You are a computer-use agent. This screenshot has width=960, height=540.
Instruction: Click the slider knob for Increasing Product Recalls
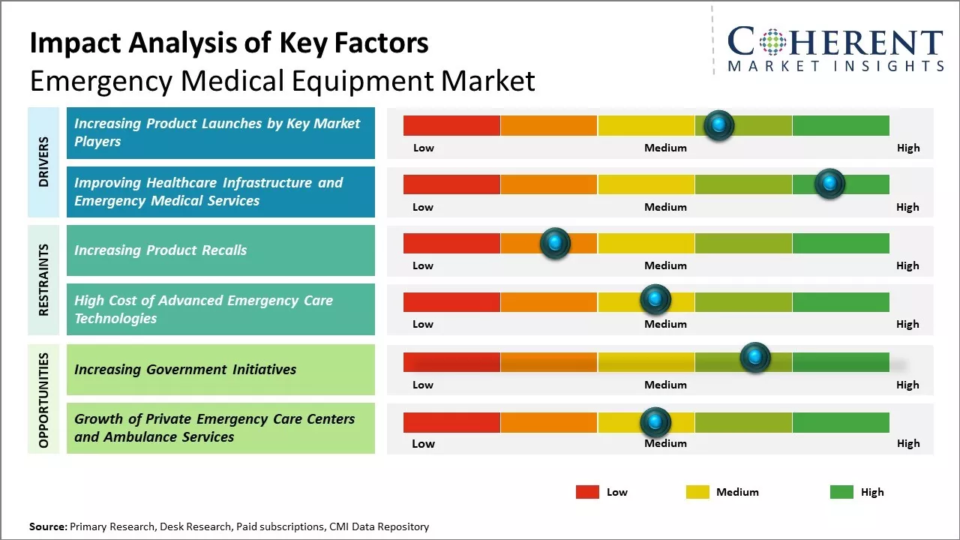[555, 243]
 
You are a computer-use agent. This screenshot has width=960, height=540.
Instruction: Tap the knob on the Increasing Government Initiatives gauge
[755, 358]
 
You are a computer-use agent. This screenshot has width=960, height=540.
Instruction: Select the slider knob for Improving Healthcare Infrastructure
[829, 184]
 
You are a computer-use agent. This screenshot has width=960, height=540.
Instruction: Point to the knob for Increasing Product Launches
[719, 125]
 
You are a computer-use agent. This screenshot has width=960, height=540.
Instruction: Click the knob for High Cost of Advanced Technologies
[655, 300]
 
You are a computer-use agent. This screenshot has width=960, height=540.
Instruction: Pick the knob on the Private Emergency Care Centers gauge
[655, 422]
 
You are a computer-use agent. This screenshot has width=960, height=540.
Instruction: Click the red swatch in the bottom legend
[587, 492]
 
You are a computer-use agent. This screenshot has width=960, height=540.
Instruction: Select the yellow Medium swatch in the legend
[697, 492]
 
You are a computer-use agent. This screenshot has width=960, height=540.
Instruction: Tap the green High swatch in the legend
[841, 492]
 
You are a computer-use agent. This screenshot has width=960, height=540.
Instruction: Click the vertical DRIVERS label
[43, 161]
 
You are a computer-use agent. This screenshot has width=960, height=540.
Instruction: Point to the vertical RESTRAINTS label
[43, 279]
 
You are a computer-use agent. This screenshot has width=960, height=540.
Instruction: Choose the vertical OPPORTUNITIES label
[43, 400]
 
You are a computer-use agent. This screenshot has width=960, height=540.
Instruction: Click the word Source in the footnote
[47, 527]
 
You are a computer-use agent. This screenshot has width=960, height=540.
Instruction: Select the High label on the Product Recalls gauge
[907, 265]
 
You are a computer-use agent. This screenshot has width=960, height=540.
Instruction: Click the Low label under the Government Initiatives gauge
[423, 385]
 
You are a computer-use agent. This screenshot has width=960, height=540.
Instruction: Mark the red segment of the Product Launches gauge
[451, 125]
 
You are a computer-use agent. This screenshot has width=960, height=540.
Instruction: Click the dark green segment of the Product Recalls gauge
[840, 243]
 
